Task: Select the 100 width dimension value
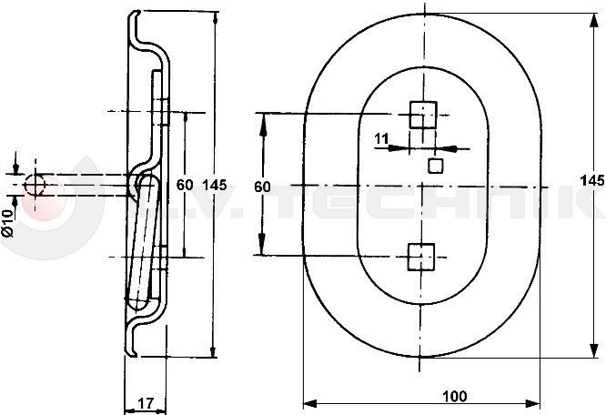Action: point(455,396)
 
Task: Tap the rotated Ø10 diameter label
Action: point(7,222)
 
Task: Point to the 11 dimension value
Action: point(381,138)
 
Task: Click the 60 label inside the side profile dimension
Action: point(184,185)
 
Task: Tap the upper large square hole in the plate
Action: point(421,115)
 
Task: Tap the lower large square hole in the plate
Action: point(421,258)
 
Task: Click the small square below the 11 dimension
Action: point(436,165)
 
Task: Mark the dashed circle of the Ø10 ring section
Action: point(35,185)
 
